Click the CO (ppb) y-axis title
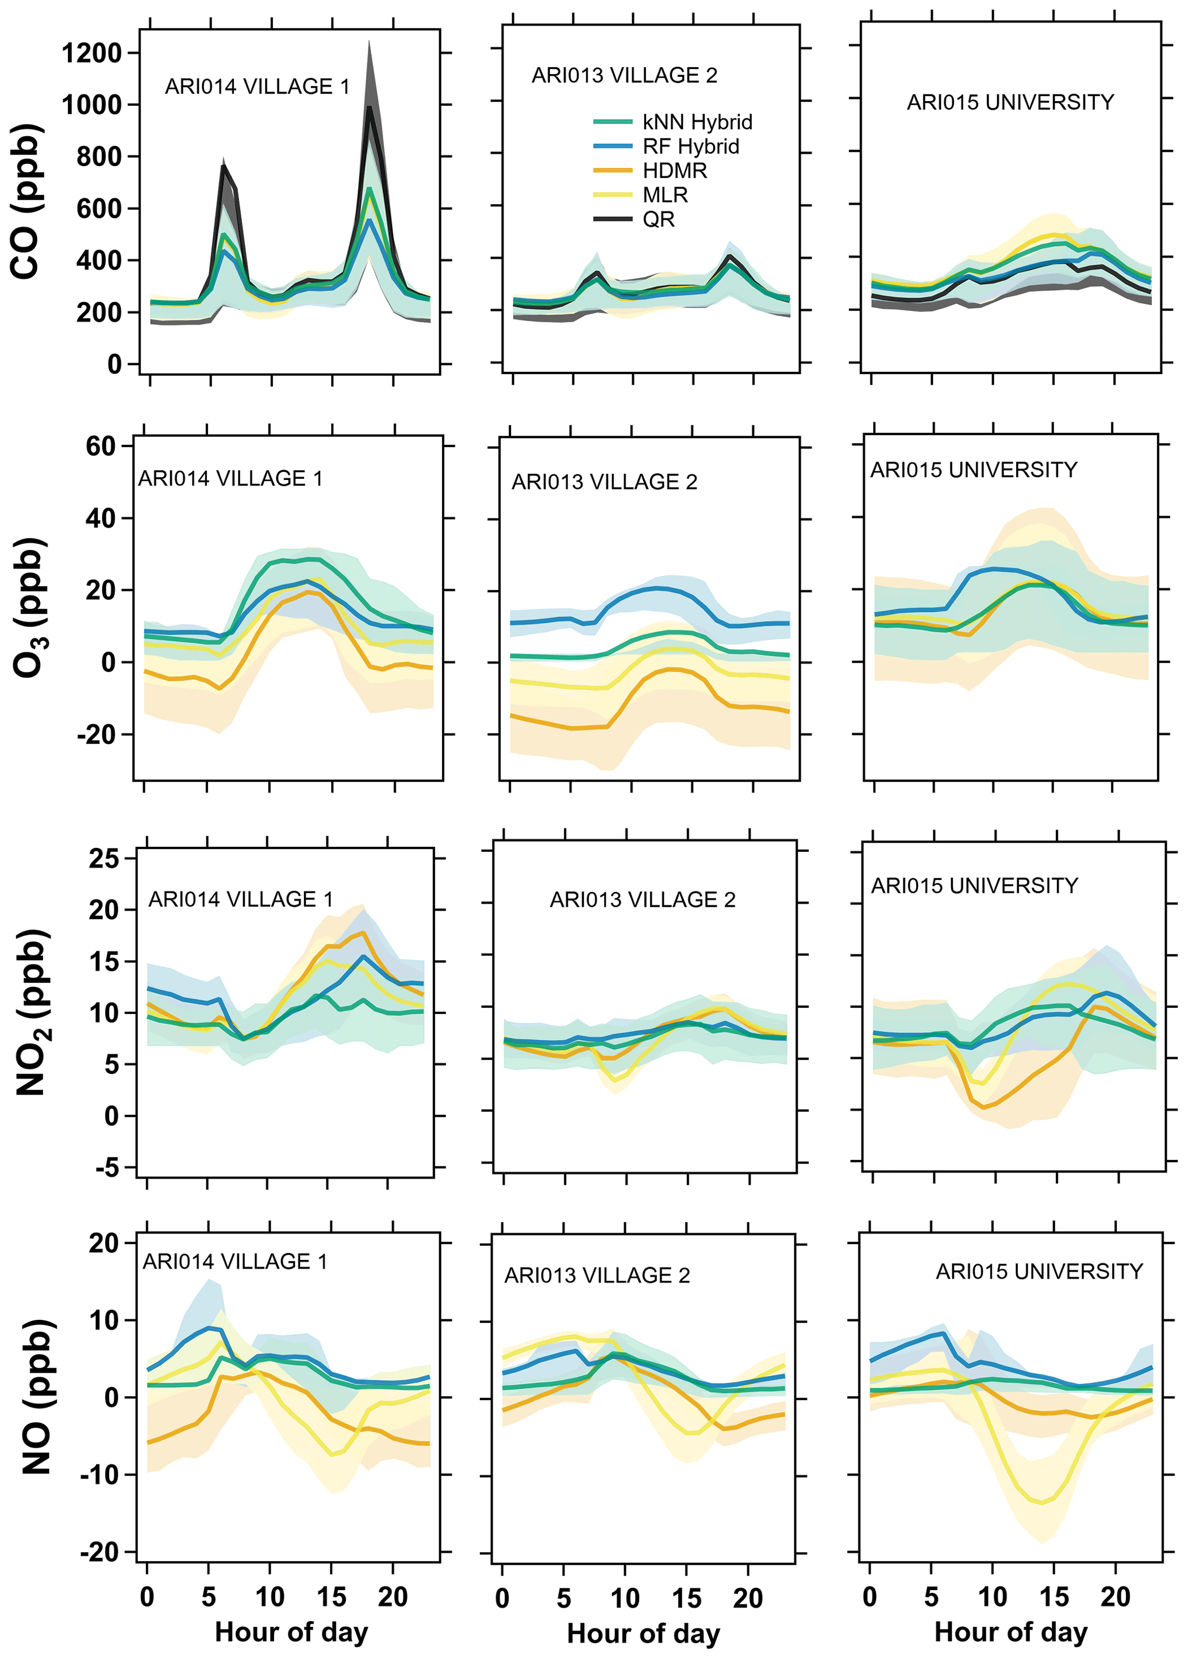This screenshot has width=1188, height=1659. point(26,201)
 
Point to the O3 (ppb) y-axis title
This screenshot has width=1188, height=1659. point(29,607)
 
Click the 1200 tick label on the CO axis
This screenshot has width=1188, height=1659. point(91,53)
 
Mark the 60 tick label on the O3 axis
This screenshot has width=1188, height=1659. point(101,446)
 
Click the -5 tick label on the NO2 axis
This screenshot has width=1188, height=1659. point(107,1168)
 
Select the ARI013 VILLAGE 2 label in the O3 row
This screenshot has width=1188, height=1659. point(604,482)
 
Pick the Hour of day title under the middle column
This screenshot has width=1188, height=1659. point(644,1633)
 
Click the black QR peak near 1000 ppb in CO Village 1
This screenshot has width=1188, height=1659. point(370,109)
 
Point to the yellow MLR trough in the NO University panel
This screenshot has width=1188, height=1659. point(1041,1503)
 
